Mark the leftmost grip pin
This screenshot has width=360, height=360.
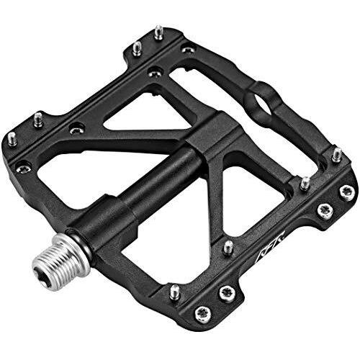tap(12, 137)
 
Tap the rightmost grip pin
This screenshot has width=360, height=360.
tap(336, 154)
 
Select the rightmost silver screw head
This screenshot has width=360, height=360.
tap(347, 190)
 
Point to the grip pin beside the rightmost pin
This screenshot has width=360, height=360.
tap(305, 183)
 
